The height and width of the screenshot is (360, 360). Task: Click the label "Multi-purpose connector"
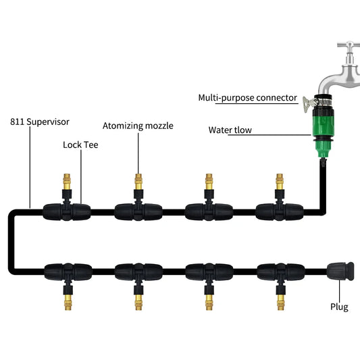[x=247, y=98]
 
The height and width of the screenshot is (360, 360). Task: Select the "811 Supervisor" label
[x=39, y=122]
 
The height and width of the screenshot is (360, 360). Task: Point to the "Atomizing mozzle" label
[x=138, y=126]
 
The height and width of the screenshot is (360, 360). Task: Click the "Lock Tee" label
[x=81, y=145]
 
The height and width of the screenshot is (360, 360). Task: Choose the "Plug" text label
[x=339, y=307]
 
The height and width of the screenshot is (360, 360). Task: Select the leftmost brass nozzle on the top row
[x=67, y=183]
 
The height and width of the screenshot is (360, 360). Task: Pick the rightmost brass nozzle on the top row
[x=280, y=183]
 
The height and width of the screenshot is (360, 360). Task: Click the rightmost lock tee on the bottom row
[x=279, y=272]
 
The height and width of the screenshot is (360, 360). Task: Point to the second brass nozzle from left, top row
[x=138, y=183]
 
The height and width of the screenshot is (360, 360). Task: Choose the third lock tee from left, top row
[x=208, y=211]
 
